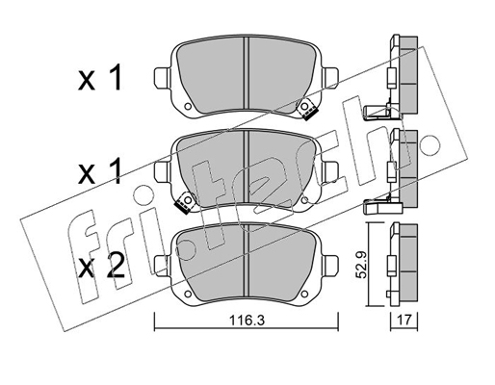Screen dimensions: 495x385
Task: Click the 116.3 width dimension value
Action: (247, 321)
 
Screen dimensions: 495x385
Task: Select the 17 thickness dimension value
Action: (404, 320)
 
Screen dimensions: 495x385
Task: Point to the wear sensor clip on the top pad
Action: (307, 109)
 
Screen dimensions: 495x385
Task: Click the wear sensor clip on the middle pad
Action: (184, 203)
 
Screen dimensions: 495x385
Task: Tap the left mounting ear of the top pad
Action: (162, 78)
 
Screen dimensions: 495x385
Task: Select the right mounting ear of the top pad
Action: (330, 78)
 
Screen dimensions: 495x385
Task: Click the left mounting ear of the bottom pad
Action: (162, 266)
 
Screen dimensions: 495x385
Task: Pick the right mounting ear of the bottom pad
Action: (330, 266)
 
